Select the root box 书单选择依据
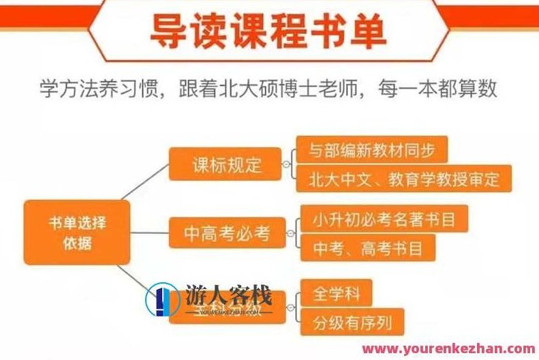coord(76,232)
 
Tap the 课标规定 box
coord(225,164)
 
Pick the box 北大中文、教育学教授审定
coord(404,179)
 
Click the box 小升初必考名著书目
coord(384,220)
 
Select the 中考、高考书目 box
coord(367,249)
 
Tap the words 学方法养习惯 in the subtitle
coord(102,88)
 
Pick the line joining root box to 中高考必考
coord(149,233)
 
